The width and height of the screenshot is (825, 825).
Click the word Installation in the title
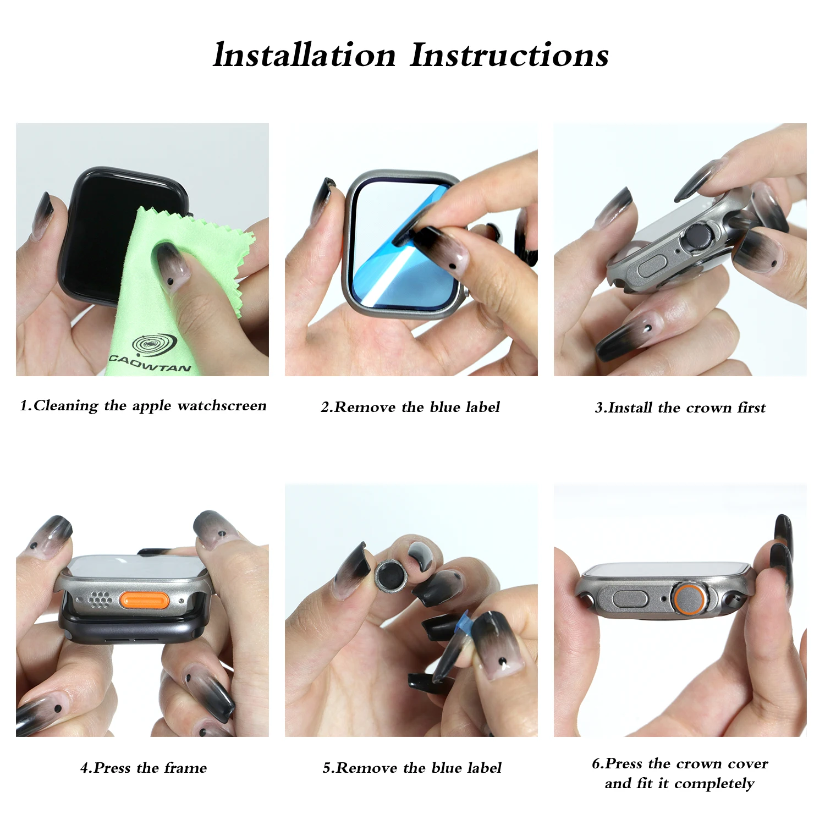tap(304, 56)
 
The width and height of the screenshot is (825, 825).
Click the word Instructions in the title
tap(509, 56)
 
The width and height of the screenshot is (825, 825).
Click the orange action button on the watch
tap(144, 601)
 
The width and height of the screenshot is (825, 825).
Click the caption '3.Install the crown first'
tap(680, 408)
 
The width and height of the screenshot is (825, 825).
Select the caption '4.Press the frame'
tap(144, 768)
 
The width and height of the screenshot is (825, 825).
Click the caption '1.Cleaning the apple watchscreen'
tap(143, 406)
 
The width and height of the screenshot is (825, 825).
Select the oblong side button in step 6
tap(630, 598)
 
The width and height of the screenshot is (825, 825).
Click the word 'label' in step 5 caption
tap(483, 768)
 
